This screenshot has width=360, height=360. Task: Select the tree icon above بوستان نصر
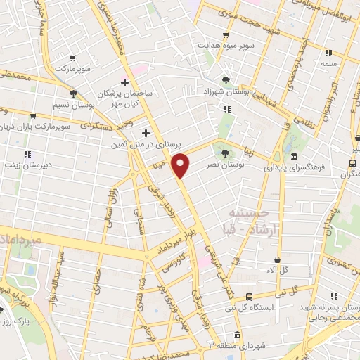[x=225, y=152]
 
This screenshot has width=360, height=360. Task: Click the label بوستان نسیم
[x=72, y=105]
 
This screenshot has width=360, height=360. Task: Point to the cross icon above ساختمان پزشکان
[x=125, y=82]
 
